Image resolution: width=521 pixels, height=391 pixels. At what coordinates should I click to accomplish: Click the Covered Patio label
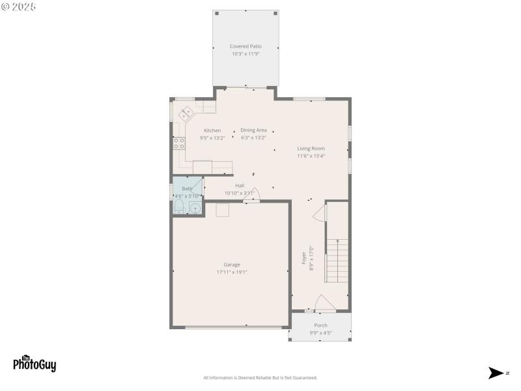point(245,46)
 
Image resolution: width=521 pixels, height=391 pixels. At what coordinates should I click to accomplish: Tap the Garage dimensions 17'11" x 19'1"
point(232,272)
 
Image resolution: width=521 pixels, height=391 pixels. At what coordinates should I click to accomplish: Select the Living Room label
point(311,149)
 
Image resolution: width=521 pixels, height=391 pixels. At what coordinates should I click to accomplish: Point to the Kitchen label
point(212,130)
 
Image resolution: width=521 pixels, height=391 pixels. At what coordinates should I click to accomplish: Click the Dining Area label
point(253,130)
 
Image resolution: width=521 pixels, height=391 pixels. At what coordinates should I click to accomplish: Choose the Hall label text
point(240,186)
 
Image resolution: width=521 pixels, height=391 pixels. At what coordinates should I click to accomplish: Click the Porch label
point(320,325)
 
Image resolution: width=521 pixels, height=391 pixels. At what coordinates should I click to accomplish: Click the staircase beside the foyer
point(337,261)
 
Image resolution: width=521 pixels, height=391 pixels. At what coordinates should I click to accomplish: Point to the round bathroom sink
point(195,209)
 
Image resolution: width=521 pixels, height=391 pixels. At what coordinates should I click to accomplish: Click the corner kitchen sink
point(186,114)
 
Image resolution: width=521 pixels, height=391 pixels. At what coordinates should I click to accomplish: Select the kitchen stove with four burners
point(178,142)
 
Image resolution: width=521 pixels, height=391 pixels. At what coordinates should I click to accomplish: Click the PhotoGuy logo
point(34,364)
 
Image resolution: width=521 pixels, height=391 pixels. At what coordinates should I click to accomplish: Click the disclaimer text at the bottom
point(260,378)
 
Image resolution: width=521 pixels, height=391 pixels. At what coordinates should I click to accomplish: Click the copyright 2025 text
point(19,7)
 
